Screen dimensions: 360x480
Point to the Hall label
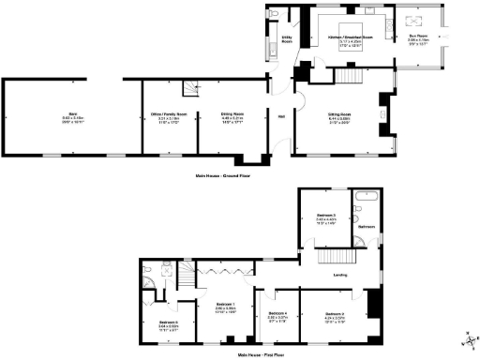(280, 116)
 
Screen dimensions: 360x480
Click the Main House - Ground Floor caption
(222, 175)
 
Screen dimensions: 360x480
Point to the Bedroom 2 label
(337, 314)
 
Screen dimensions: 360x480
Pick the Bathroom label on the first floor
(367, 226)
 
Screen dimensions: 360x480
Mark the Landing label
(342, 274)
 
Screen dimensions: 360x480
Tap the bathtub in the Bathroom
(366, 199)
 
